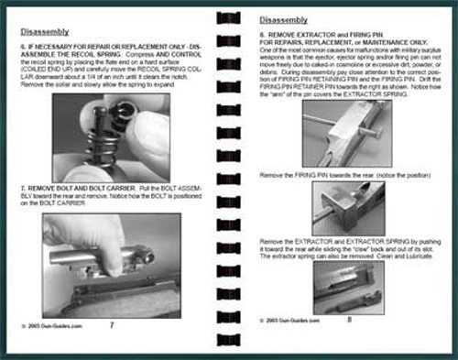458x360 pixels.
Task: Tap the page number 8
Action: (x=348, y=320)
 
